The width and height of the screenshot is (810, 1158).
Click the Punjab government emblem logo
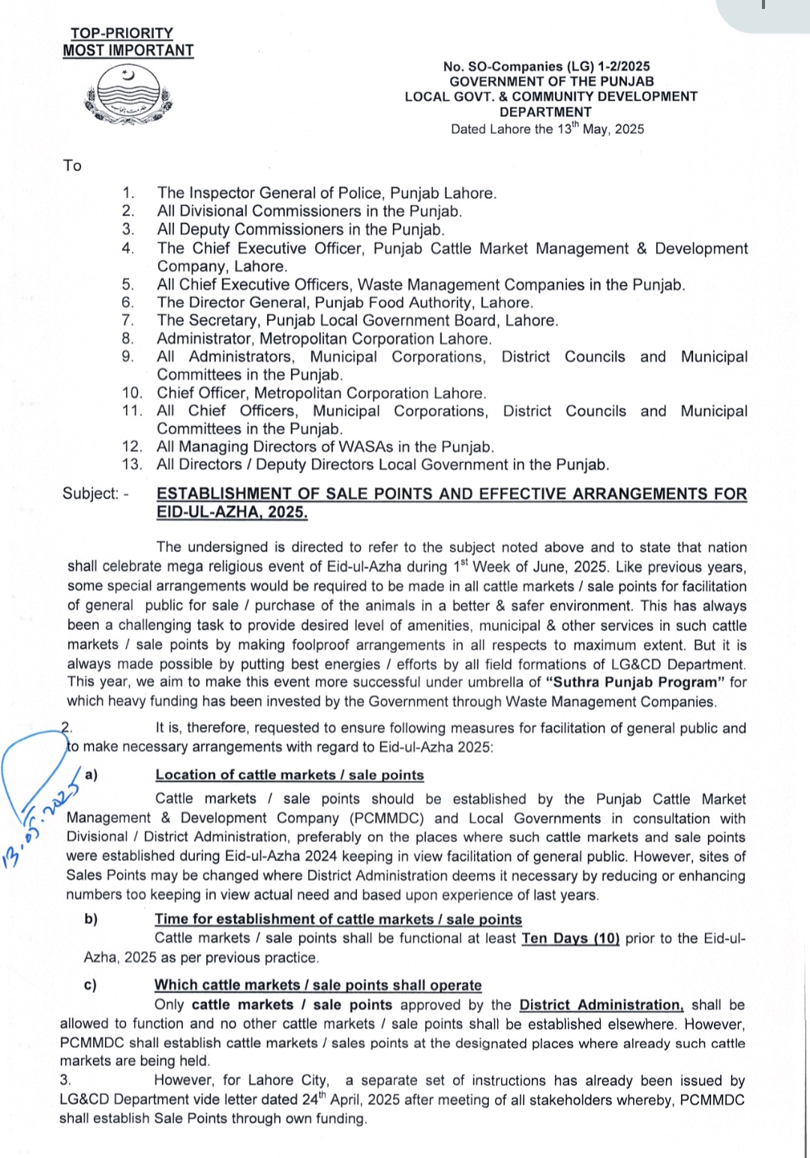coord(128,94)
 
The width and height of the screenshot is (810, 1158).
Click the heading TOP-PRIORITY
coord(121,33)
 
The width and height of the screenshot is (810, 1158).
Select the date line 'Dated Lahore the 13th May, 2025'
coord(547,129)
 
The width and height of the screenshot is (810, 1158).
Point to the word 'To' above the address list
coord(72,166)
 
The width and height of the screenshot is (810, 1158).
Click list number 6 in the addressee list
coord(128,303)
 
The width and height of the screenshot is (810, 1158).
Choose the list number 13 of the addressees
coord(131,465)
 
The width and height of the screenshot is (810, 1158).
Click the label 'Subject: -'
coord(95,493)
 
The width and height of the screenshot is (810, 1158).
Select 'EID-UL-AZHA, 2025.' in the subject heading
coord(232,513)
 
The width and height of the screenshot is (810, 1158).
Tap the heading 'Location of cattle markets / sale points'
coord(289,775)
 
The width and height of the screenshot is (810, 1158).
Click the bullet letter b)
coord(91,919)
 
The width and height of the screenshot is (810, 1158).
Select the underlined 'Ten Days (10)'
coord(570,938)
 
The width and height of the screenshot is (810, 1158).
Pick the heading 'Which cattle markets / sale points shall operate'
coord(318,985)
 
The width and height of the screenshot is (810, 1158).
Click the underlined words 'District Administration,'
coord(601,1005)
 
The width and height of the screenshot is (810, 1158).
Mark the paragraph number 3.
coord(65,1080)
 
